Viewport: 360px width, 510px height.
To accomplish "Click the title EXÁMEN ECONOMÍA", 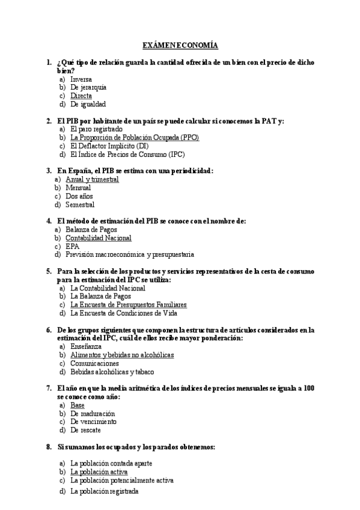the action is pyautogui.click(x=180, y=46).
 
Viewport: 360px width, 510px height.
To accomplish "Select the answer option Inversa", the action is pyautogui.click(x=81, y=79).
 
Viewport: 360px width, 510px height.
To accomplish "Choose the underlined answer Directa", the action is pyautogui.click(x=81, y=96).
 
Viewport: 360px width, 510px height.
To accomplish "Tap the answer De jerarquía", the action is pyautogui.click(x=88, y=87).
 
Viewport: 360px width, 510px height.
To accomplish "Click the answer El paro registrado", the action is pyautogui.click(x=96, y=129).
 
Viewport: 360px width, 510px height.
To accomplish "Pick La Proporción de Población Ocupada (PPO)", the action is pyautogui.click(x=135, y=137).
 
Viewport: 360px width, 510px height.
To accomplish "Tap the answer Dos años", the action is pyautogui.click(x=79, y=196).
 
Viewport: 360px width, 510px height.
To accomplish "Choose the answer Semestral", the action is pyautogui.click(x=80, y=204).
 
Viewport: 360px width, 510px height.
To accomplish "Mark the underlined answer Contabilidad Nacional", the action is pyautogui.click(x=98, y=238).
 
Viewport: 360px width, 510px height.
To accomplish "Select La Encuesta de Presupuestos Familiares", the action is pyautogui.click(x=129, y=304).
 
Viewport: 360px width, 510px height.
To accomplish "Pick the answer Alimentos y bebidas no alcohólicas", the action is pyautogui.click(x=122, y=355).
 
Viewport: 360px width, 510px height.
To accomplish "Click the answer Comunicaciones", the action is pyautogui.click(x=94, y=363).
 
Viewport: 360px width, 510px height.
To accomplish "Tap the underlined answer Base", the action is pyautogui.click(x=78, y=405).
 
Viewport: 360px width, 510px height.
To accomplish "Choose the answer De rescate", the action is pyautogui.click(x=85, y=430).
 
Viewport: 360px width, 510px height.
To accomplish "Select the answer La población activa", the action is pyautogui.click(x=99, y=472).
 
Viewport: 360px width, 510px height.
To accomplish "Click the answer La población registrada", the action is pyautogui.click(x=104, y=491).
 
